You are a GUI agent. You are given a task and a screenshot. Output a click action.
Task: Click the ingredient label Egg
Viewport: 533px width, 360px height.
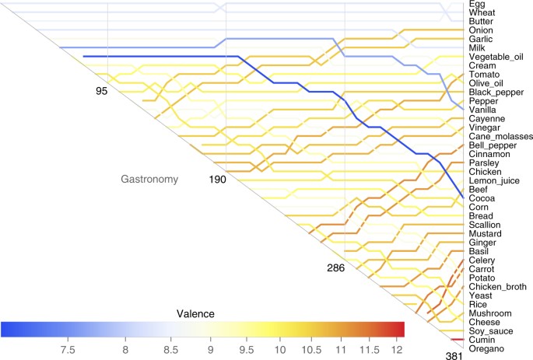tap(475, 5)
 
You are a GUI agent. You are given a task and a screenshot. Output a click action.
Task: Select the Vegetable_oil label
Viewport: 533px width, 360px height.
tap(496, 57)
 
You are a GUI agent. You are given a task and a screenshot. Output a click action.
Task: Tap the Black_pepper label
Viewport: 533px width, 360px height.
tap(495, 92)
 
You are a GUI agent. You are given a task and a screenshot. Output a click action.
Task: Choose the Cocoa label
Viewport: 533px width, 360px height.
tap(481, 198)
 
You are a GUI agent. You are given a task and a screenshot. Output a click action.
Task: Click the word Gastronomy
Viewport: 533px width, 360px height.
tap(149, 180)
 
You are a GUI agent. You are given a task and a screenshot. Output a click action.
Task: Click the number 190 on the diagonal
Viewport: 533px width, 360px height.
tap(220, 180)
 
